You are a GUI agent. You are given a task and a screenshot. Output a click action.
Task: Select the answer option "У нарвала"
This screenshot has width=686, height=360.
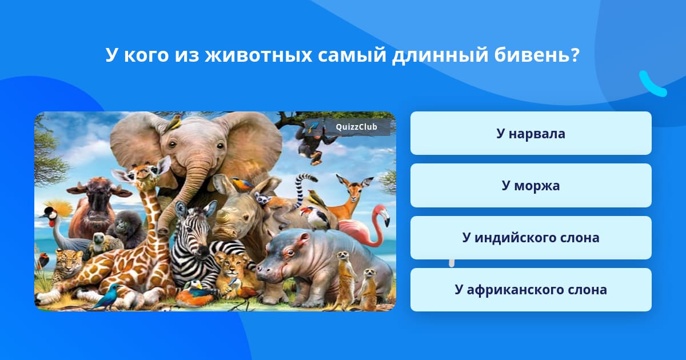531,133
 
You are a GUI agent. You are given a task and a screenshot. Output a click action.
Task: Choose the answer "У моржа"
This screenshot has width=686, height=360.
531,186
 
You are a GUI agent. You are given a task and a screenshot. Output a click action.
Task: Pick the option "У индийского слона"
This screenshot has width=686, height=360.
531,238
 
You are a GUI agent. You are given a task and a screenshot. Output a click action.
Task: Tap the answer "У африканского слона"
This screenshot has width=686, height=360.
531,290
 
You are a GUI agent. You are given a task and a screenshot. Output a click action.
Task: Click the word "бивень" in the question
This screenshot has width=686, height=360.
537,55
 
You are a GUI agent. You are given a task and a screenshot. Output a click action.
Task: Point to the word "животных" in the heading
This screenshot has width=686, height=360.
258,55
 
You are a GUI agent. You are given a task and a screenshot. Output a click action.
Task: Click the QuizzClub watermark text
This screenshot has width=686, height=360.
356,127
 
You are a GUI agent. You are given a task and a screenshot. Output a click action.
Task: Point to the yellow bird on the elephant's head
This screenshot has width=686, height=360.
173,122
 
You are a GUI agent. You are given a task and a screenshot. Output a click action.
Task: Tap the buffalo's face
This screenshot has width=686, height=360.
96,203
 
